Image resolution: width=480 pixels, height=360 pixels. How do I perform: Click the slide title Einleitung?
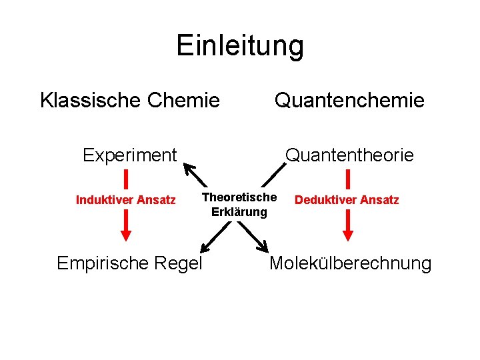pos(240,46)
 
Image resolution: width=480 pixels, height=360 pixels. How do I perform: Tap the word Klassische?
pos(91,101)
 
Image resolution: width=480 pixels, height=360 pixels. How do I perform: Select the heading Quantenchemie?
pos(349,101)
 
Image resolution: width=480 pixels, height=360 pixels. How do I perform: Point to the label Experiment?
pos(129,155)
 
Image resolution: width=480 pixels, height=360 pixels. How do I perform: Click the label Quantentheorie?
pos(349,155)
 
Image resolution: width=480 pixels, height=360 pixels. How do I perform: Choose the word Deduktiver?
pos(325,200)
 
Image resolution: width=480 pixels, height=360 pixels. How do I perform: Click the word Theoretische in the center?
pos(239,197)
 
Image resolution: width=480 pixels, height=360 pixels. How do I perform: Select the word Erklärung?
pos(239,212)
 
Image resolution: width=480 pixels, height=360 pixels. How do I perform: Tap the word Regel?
pos(179,263)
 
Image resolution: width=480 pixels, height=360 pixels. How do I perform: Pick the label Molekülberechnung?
pos(350,263)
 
